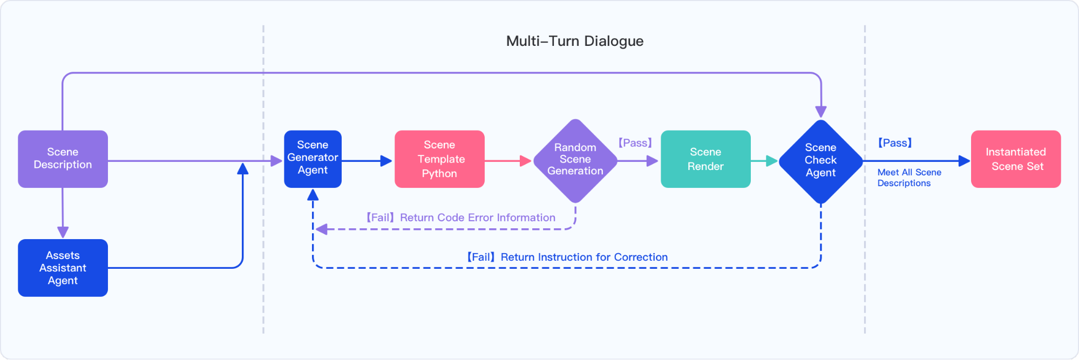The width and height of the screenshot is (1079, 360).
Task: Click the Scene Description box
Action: (63, 159)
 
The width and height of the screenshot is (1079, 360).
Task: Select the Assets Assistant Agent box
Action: (63, 268)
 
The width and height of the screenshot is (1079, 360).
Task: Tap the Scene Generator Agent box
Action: (313, 159)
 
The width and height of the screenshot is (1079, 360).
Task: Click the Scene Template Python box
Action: (439, 159)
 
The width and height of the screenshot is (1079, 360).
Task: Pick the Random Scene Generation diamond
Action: (575, 160)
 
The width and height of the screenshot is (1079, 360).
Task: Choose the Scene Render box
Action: (705, 159)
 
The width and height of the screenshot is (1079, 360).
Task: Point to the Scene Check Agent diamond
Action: (820, 161)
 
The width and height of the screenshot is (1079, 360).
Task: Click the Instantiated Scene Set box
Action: (1015, 159)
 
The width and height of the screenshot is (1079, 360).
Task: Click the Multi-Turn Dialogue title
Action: (574, 41)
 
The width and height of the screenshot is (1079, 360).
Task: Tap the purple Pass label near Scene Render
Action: (635, 143)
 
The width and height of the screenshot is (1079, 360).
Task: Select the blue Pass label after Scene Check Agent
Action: (894, 143)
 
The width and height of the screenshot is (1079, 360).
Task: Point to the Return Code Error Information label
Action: (460, 218)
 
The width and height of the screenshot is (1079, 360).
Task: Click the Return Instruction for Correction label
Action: (567, 257)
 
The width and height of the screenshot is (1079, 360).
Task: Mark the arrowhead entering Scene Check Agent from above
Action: (820, 112)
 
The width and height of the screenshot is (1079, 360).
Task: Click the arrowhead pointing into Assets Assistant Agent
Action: (63, 233)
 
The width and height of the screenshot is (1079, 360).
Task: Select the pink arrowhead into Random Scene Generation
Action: (525, 161)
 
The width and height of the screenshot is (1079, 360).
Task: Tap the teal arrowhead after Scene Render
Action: (771, 161)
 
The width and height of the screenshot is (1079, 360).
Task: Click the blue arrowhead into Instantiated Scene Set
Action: (963, 161)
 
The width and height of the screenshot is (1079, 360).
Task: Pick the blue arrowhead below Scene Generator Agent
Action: (313, 195)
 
